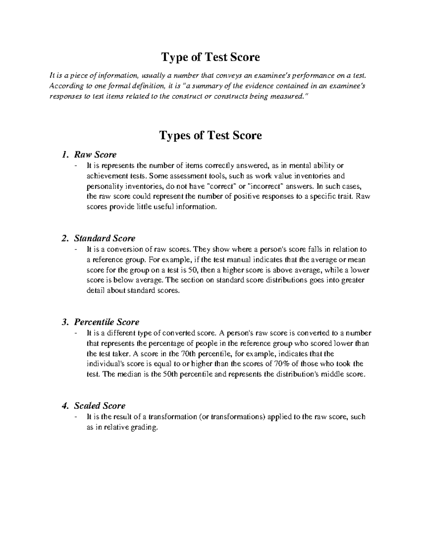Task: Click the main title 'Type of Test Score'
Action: point(210,57)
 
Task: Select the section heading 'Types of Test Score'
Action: point(210,135)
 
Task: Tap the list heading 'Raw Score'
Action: point(95,154)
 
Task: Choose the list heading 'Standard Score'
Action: point(105,238)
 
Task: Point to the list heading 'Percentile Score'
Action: point(107,322)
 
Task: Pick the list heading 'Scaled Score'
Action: point(100,406)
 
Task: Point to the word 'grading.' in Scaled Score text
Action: point(144,427)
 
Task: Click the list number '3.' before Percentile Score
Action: point(64,322)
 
